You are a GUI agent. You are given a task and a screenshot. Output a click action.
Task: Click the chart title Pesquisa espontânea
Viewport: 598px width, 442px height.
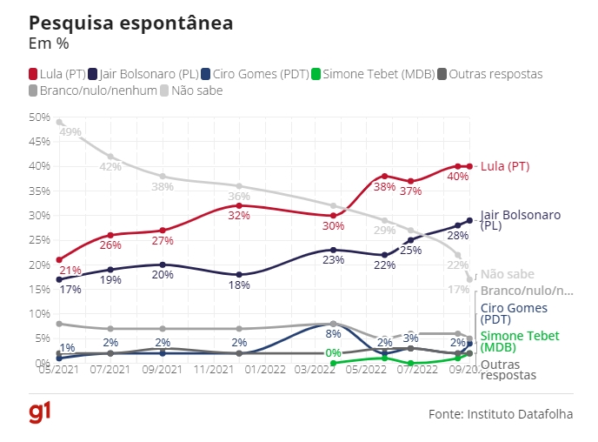tap(130, 23)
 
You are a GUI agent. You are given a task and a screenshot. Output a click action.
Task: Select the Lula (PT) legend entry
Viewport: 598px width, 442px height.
tap(56, 74)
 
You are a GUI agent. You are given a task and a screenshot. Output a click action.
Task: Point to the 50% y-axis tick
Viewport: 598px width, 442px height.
tap(40, 117)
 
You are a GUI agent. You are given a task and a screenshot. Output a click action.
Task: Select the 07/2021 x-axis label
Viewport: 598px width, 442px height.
tap(110, 371)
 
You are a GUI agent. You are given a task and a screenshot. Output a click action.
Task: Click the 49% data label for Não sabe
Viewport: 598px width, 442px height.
tap(70, 132)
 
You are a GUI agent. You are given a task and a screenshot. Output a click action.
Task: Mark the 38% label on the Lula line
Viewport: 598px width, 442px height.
tap(385, 187)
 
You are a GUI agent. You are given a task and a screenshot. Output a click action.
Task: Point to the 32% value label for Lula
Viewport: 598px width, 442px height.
tap(238, 215)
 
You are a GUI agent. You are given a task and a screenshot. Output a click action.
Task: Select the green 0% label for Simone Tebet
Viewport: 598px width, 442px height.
tap(333, 353)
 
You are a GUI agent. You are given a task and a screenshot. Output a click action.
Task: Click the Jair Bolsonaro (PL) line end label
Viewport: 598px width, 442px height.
tap(521, 219)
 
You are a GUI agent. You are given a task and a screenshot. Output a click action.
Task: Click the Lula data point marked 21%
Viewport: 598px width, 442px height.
tap(58, 259)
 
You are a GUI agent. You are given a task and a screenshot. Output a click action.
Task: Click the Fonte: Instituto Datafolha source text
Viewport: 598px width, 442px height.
tap(501, 414)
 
